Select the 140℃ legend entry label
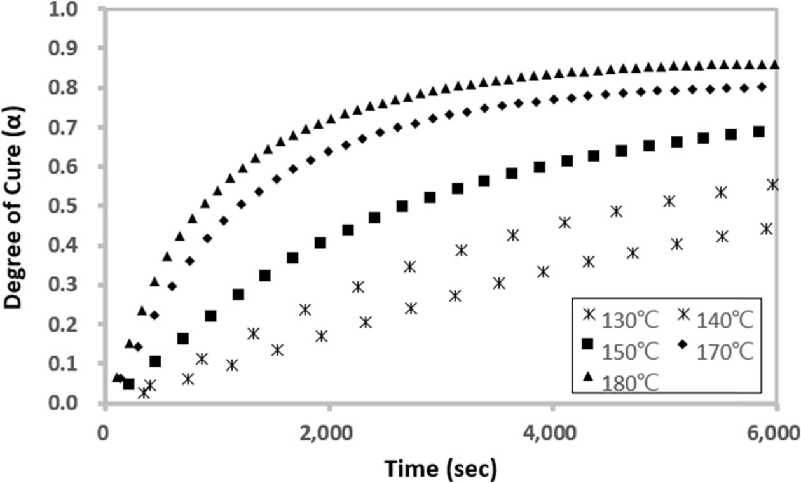[x=724, y=319]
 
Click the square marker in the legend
[x=587, y=344]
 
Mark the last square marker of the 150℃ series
[x=758, y=132]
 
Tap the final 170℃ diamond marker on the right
[x=761, y=87]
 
